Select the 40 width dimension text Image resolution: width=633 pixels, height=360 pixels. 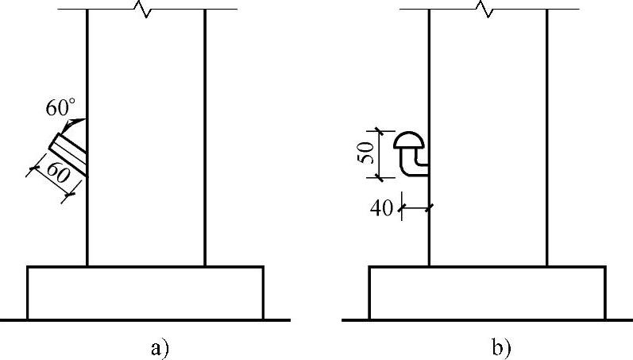(382, 209)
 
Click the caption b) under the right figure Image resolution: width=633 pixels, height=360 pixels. (501, 346)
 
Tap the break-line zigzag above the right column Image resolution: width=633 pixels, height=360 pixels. (484, 10)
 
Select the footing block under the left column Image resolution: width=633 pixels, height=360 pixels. (145, 292)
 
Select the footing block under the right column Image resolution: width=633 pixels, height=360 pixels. (488, 292)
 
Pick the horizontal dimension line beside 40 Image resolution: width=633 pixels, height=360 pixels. (415, 208)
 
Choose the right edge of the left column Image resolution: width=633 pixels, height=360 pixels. (205, 159)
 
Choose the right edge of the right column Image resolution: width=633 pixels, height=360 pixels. (547, 159)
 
